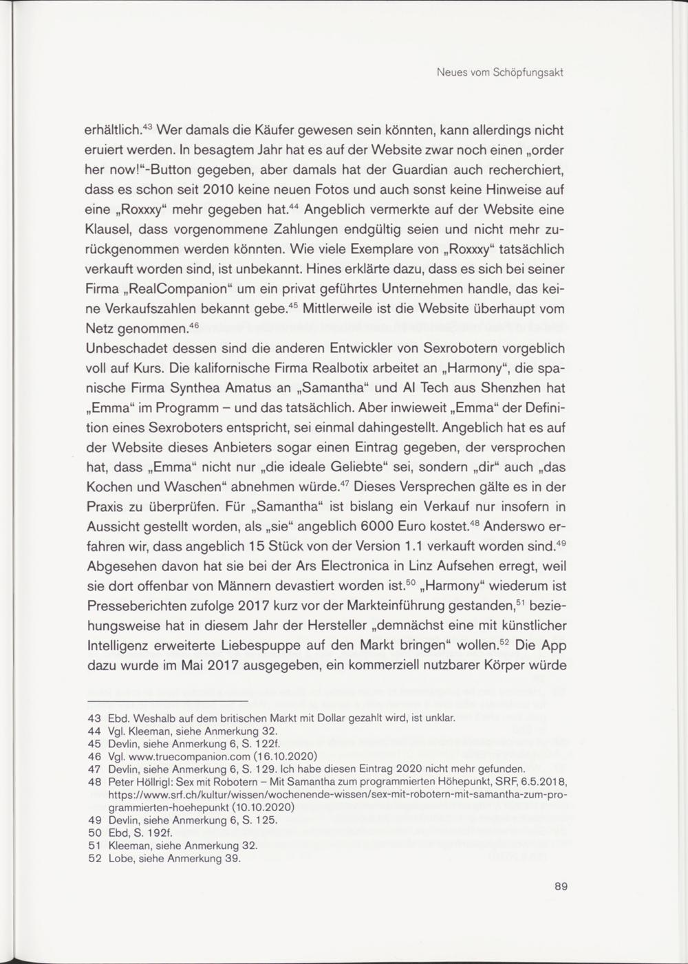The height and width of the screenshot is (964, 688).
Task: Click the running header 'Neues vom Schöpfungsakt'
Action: [500, 73]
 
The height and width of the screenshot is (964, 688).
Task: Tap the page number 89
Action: [561, 886]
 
